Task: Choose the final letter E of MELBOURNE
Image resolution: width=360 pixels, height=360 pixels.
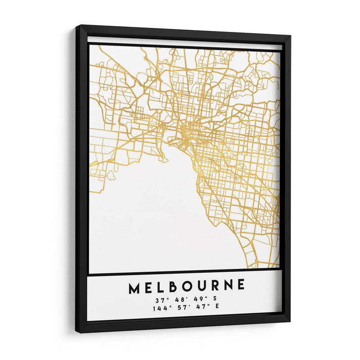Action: point(241,284)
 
